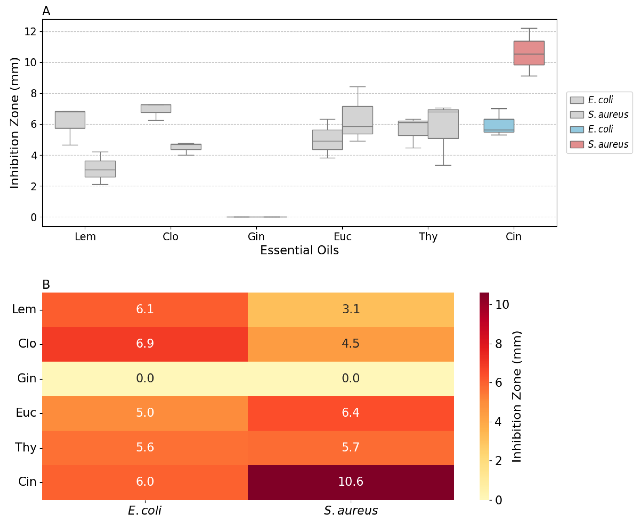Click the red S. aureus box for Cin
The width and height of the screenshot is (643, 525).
coord(529,53)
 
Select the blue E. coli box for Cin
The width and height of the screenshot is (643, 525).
coord(499,125)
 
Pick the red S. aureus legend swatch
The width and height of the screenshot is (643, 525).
coord(577,144)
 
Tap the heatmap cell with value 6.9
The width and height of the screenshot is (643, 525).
coord(145,344)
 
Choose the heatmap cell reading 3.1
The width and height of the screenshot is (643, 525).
coord(351,309)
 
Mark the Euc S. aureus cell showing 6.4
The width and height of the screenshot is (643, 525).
coord(351,413)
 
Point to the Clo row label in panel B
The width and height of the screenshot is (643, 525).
coord(27,344)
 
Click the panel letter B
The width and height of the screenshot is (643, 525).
coord(46,285)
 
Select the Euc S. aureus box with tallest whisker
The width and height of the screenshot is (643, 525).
coord(357,120)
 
